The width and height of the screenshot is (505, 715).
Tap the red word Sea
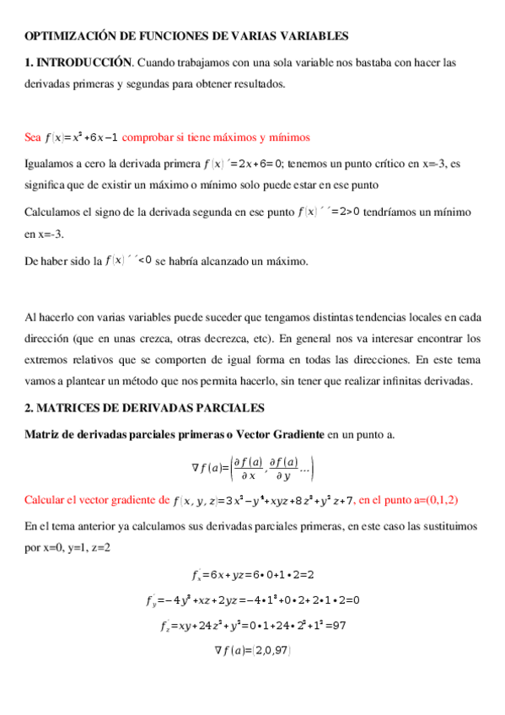(33, 137)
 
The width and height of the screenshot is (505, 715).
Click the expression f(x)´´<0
(128, 260)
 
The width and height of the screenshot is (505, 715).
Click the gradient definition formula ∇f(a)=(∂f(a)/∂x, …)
(253, 467)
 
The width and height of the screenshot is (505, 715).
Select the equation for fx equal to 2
(253, 576)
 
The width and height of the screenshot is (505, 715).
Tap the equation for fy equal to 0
(253, 600)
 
